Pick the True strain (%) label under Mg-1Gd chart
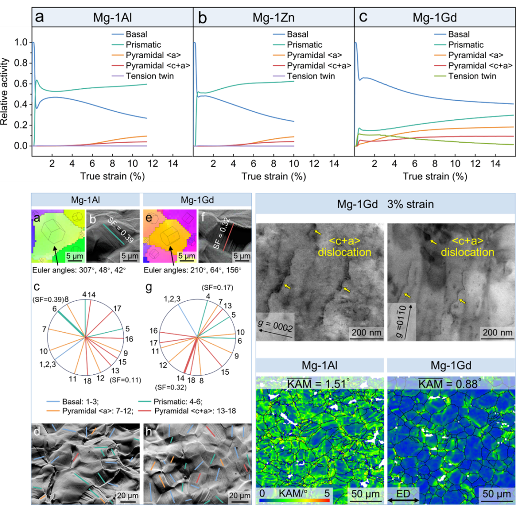click(x=434, y=176)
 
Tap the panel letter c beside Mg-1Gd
click(x=364, y=18)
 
